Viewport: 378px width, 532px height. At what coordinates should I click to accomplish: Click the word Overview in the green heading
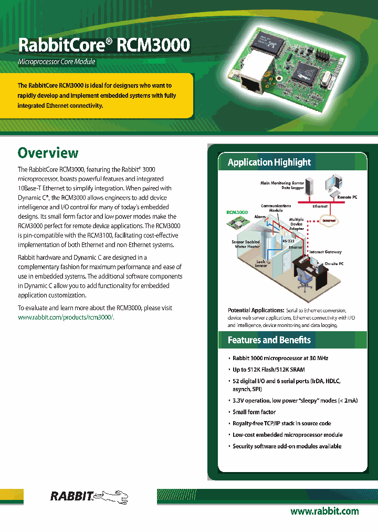(48, 153)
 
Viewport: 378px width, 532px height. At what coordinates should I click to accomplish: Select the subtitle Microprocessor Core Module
(57, 62)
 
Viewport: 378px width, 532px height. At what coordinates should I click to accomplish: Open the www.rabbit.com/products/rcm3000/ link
(66, 318)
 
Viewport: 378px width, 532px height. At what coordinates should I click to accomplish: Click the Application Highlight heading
(269, 162)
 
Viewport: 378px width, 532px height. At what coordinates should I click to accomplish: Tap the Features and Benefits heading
(269, 340)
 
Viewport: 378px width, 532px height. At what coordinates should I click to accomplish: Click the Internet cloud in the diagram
(329, 220)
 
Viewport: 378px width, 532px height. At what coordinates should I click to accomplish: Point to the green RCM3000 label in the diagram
(237, 212)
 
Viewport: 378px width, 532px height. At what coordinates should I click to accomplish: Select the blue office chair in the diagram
(304, 284)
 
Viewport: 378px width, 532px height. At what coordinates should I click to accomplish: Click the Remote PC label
(347, 197)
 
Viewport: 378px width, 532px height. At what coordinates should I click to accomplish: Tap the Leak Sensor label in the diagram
(260, 263)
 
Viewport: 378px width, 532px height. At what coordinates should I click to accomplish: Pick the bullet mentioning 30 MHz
(280, 358)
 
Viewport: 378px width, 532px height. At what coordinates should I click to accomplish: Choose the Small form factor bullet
(254, 412)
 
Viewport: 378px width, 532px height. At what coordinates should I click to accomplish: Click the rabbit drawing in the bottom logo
(113, 496)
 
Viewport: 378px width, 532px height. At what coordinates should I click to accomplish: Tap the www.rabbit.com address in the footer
(324, 511)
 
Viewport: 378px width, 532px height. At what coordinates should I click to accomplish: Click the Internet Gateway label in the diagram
(325, 252)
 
